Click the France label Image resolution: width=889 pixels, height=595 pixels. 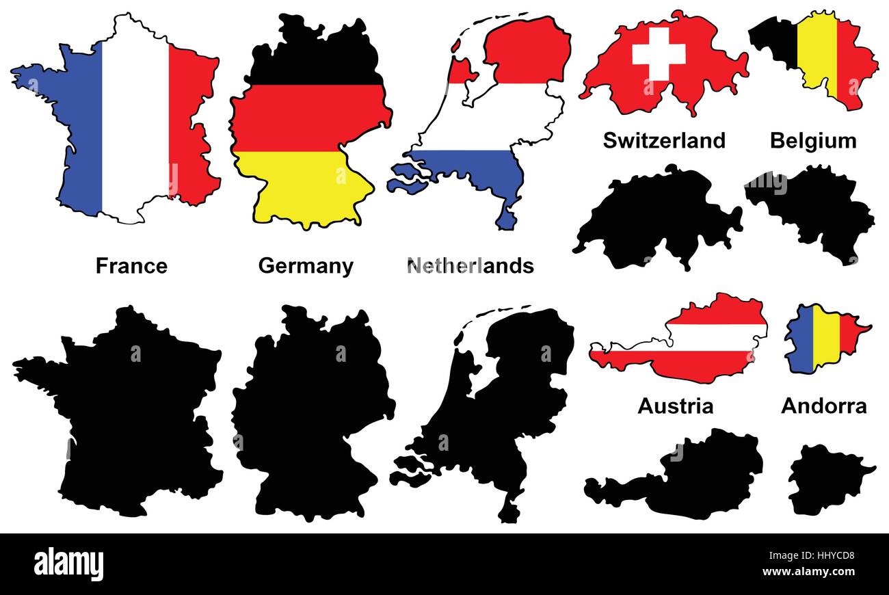click(x=131, y=265)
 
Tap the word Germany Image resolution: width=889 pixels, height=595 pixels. click(x=306, y=265)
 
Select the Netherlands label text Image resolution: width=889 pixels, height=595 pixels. click(x=470, y=265)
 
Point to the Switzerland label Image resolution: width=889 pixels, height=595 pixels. click(x=663, y=140)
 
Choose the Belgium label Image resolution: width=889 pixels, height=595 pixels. click(x=812, y=140)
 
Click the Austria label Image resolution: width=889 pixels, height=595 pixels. click(x=675, y=406)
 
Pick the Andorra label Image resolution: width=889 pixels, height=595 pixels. click(x=823, y=406)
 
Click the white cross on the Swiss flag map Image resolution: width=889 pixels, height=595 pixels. click(x=659, y=53)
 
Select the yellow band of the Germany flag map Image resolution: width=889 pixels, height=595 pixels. click(x=301, y=185)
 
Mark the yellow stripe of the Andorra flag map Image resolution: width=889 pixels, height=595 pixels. click(x=825, y=339)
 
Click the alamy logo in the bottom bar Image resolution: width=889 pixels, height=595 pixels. click(x=69, y=564)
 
